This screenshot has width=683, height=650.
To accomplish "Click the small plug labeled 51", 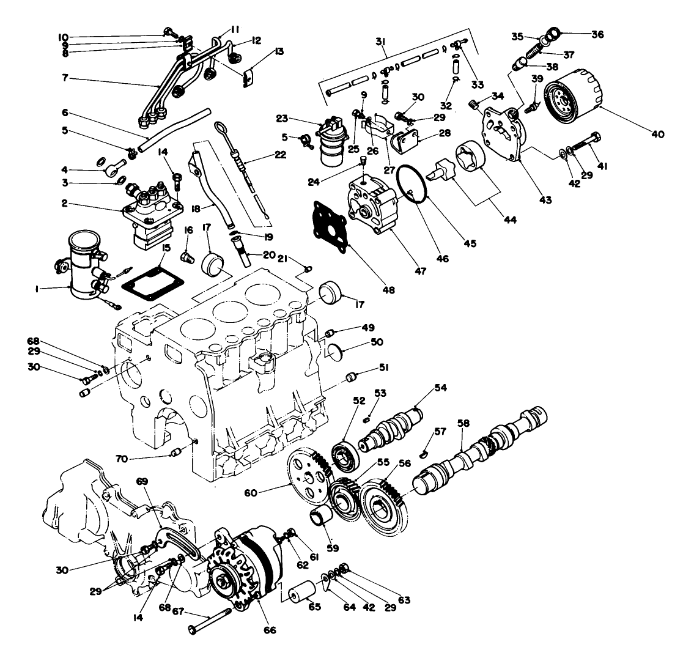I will pyautogui.click(x=352, y=376).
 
